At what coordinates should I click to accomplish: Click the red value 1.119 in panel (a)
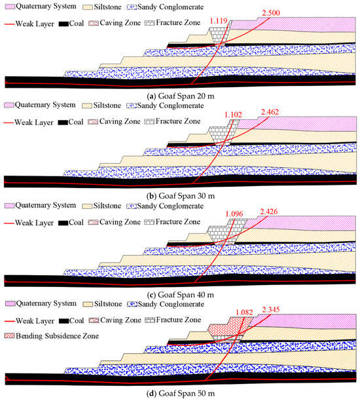pos(219,21)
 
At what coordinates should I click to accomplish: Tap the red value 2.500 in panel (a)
pos(271,13)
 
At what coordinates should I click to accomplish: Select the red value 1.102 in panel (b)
pos(233,115)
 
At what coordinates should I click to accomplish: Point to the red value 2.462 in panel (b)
pos(270,112)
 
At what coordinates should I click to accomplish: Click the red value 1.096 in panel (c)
pos(234,214)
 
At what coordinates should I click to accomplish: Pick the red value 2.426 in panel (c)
pos(269,212)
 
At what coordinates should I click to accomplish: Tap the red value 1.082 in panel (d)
pos(244,313)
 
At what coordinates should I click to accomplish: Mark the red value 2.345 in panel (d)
pos(271,310)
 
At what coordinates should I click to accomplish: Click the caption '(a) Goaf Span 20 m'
pos(181,96)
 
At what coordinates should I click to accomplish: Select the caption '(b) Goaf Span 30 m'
pos(181,196)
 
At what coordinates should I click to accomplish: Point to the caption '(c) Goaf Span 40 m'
pos(181,295)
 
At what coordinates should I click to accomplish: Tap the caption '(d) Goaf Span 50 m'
pos(181,393)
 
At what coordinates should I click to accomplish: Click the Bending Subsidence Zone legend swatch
pos(9,335)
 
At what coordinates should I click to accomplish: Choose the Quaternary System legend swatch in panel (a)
pos(10,7)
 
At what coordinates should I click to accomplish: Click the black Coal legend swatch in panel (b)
pos(63,123)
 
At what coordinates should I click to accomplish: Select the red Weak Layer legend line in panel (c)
pos(9,223)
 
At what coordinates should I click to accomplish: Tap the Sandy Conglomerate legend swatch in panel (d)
pos(132,304)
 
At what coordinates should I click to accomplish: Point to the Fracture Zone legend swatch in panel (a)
pos(149,23)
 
